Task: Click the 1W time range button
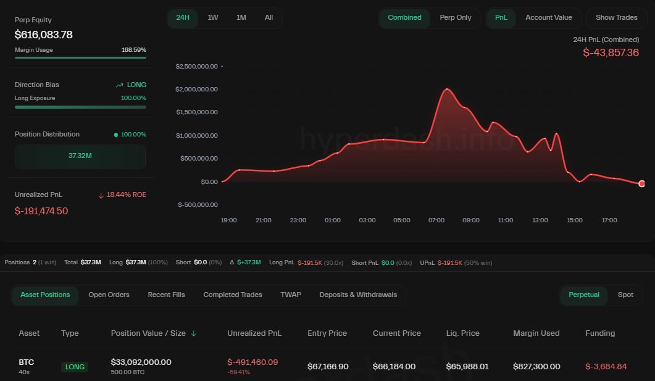pos(213,17)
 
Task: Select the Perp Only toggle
pos(455,17)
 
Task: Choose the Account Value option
pos(548,17)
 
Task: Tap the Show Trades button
pos(616,17)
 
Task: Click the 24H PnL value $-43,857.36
pos(611,53)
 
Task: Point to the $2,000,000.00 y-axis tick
pos(196,89)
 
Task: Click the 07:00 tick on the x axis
pos(436,220)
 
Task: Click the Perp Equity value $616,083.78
pos(44,35)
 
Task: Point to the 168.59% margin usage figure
pos(134,50)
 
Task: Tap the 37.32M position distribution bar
pos(80,156)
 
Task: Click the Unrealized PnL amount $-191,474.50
pos(41,211)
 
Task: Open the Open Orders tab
pos(109,295)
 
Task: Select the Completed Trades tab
pos(233,295)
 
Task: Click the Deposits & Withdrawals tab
pos(358,295)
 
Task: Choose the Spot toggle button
pos(625,295)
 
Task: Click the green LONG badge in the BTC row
pos(75,367)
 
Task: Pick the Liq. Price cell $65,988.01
pos(467,366)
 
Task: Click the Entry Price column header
pos(327,333)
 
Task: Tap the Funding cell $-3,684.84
pos(606,366)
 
